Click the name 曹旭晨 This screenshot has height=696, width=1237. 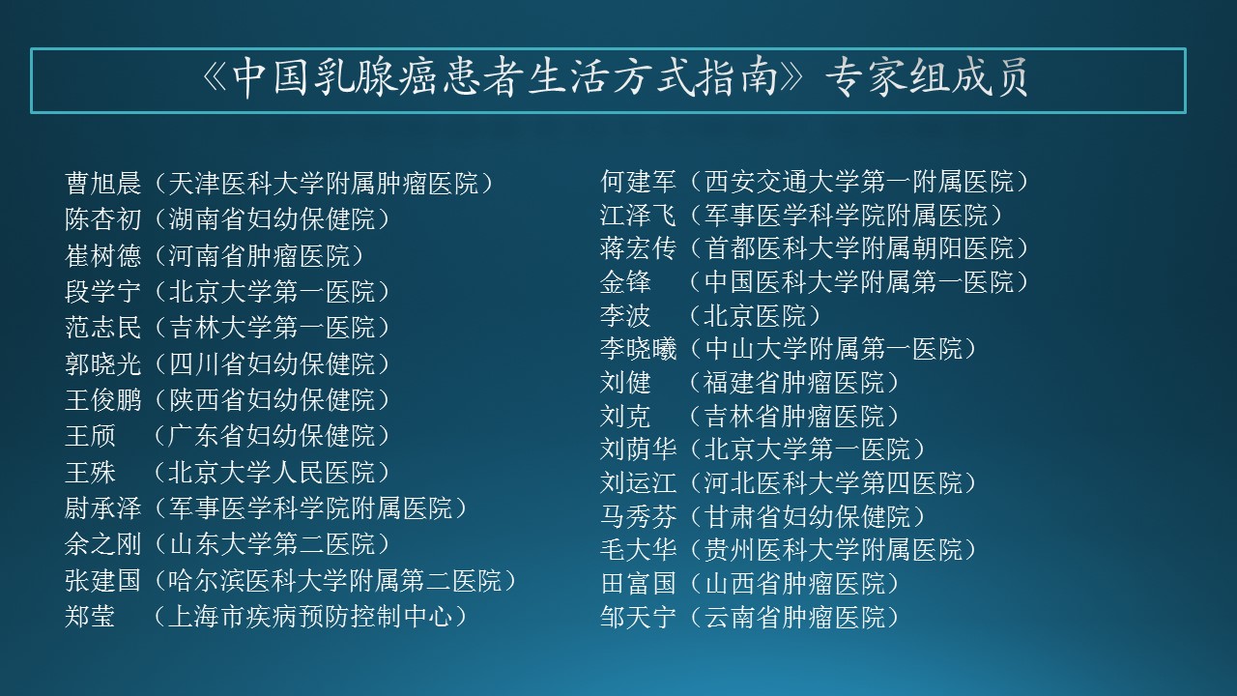(x=103, y=184)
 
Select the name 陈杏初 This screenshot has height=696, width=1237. (x=103, y=219)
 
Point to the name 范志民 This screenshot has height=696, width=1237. (x=103, y=328)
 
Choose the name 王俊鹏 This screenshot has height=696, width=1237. (x=103, y=400)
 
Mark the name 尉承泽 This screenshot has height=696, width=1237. (x=103, y=508)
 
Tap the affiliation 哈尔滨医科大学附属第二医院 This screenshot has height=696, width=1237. (x=334, y=581)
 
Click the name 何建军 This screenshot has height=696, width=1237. (x=638, y=181)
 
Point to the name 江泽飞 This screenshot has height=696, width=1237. (x=638, y=215)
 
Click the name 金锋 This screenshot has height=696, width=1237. (x=625, y=282)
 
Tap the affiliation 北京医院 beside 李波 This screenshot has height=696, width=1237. (x=755, y=315)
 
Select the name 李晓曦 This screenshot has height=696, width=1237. (x=638, y=349)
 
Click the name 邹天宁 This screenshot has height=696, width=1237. (x=638, y=617)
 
